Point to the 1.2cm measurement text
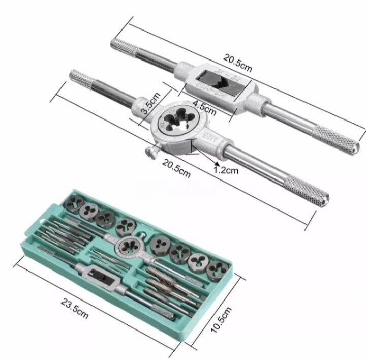click(x=226, y=171)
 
